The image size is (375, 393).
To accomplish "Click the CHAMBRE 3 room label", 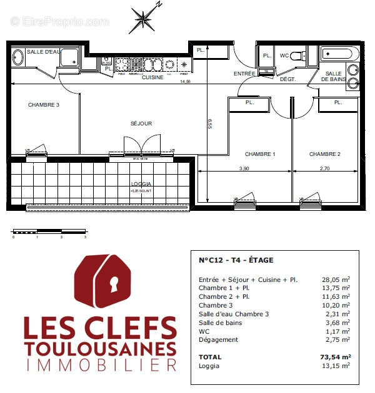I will coord(44,105).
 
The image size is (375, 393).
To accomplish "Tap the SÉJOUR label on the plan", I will coord(141,124).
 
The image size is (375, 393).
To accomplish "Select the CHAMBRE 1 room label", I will coord(260,154).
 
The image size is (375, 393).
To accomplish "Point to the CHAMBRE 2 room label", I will coord(325,154).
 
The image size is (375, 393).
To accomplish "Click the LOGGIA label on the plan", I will coord(141,184).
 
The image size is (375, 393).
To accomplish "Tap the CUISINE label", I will coord(152,77).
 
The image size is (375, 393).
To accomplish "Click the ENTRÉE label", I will coord(244,74).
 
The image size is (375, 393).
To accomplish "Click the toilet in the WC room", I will coord(298,55).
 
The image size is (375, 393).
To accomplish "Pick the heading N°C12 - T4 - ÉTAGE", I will coord(236,260).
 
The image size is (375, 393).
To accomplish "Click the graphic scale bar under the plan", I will coord(49,231).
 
